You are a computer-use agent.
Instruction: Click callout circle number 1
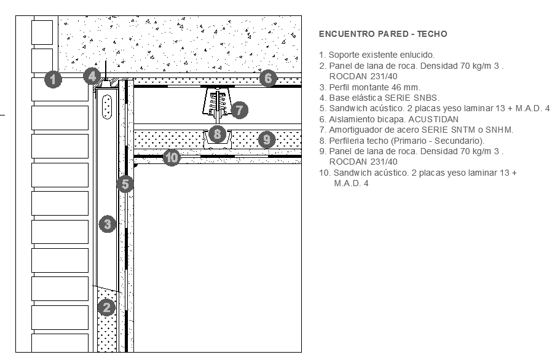[53, 79]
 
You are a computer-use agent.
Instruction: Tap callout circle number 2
[107, 307]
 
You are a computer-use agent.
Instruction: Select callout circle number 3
[108, 224]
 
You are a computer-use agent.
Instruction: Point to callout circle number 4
[92, 76]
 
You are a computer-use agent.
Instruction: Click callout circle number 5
[125, 183]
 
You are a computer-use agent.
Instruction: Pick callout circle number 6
[267, 78]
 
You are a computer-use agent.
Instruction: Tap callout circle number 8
[216, 133]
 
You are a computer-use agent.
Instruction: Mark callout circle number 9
[266, 139]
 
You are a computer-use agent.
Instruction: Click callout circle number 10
[172, 157]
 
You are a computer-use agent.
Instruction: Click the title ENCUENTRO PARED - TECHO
[383, 34]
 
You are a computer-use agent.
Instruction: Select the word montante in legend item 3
[373, 87]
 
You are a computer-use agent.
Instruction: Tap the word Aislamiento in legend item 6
[350, 119]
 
